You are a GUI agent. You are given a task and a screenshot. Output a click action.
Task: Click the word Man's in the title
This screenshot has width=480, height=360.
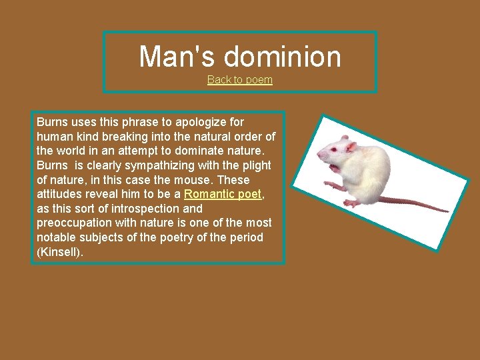coord(177,57)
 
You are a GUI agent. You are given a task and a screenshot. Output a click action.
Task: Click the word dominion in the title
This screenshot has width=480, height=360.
coord(282,57)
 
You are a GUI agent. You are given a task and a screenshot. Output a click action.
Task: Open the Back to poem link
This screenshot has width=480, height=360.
coord(240,80)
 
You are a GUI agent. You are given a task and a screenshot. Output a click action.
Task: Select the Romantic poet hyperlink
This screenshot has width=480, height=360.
coord(223,194)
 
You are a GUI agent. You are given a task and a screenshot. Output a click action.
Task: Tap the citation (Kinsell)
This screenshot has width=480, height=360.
coord(60,252)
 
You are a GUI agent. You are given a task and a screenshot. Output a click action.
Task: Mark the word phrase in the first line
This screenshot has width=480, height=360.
coord(132,122)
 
